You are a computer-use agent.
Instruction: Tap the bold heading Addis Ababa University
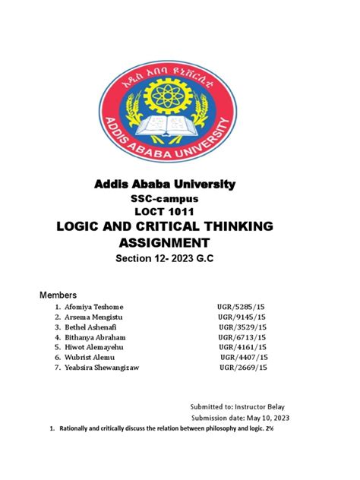pos(180,185)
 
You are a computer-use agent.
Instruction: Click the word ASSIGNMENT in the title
pos(180,243)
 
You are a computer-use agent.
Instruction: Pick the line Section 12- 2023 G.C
pos(180,261)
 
